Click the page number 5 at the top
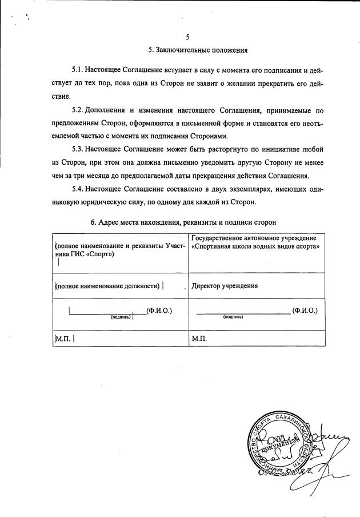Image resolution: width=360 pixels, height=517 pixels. click(189, 38)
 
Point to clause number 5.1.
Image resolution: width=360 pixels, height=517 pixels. click(78, 70)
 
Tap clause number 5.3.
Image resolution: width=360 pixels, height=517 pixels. click(78, 149)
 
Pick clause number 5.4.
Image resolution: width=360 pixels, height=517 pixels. click(78, 189)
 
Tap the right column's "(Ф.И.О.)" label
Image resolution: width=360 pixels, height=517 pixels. click(305, 311)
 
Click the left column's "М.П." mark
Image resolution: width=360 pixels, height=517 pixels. click(61, 338)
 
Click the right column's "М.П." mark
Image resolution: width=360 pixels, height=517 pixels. click(199, 338)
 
